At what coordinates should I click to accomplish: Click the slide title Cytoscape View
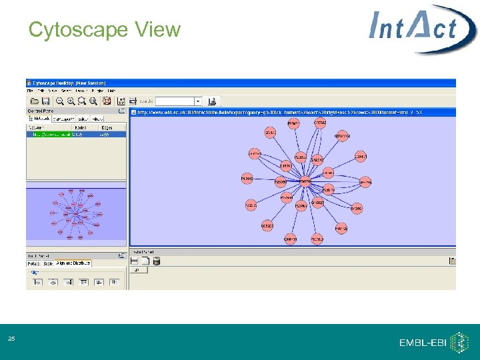(x=105, y=30)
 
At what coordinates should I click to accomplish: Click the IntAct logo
(x=423, y=29)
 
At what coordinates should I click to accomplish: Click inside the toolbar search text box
(x=174, y=101)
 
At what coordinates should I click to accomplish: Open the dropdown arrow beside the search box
(x=198, y=101)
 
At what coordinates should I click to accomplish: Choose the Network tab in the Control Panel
(x=38, y=119)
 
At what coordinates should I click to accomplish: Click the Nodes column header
(x=81, y=127)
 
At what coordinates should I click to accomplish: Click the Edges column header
(x=107, y=127)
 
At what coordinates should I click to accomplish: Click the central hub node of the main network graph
(x=305, y=181)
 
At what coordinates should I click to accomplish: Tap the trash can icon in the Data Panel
(x=156, y=261)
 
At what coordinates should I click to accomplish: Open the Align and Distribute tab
(x=73, y=263)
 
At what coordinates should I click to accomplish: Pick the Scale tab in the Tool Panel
(x=48, y=263)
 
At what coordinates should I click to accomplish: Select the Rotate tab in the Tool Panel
(x=34, y=263)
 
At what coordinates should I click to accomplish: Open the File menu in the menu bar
(x=30, y=91)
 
